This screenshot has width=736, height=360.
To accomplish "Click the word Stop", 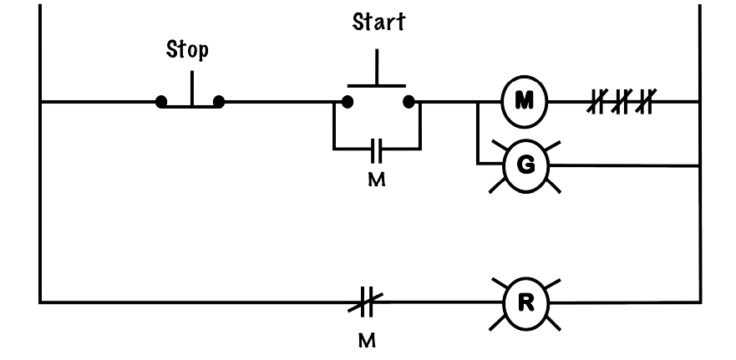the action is [187, 49].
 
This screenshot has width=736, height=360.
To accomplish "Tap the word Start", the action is [378, 22].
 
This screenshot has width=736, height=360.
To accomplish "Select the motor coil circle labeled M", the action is [525, 101].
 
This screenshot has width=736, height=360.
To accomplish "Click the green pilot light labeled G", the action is [525, 165].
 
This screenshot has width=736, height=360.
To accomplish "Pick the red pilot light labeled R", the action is [525, 304].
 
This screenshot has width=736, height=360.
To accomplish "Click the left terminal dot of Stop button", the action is [161, 101].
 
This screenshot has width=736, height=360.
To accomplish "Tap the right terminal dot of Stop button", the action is [219, 101].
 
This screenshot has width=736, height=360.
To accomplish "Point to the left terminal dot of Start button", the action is [348, 101].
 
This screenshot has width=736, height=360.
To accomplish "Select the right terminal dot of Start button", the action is [409, 101].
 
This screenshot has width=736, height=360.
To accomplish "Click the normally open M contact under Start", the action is [377, 150].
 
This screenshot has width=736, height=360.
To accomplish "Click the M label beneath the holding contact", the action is [377, 180].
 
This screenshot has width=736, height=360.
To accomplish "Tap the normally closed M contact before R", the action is [366, 302].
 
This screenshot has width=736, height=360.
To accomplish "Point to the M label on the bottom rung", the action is [367, 340].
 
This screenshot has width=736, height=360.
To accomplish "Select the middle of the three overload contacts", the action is [622, 101].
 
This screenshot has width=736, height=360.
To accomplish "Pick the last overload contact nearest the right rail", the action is [646, 101].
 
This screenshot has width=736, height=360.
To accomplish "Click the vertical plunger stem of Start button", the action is [377, 67].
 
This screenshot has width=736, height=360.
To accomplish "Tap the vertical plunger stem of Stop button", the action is [191, 89].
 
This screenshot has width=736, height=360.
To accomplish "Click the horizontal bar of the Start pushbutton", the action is [377, 86].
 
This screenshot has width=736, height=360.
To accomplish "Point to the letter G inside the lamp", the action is [525, 165].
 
